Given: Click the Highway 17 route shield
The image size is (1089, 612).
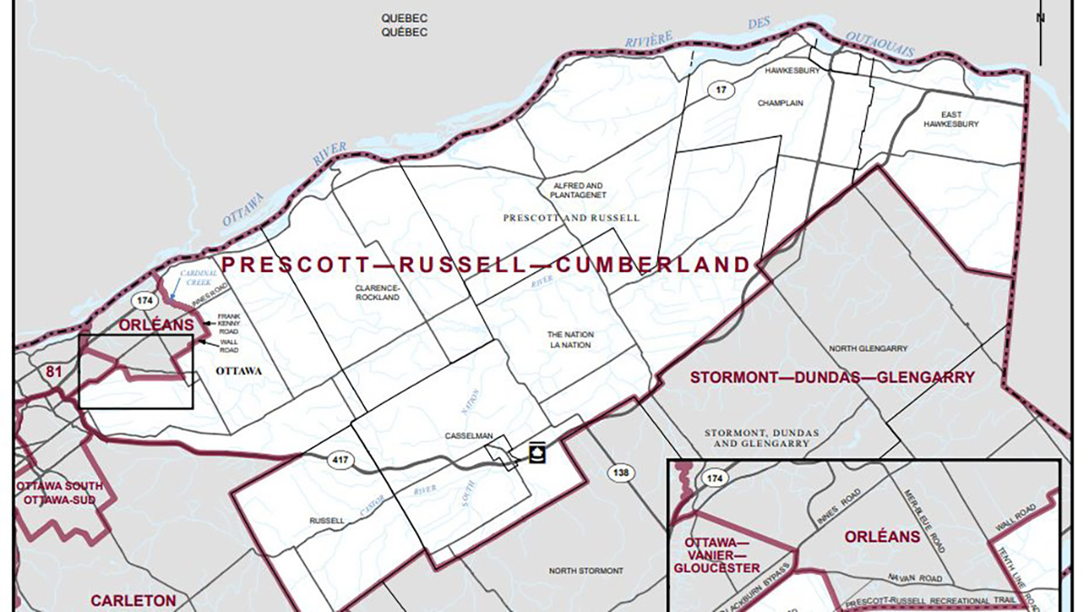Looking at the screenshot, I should pyautogui.click(x=720, y=89).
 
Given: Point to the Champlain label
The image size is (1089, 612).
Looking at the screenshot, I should pyautogui.click(x=781, y=103).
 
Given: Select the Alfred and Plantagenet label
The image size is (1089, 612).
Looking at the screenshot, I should pyautogui.click(x=577, y=189).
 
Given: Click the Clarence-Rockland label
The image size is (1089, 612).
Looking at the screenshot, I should pyautogui.click(x=377, y=292).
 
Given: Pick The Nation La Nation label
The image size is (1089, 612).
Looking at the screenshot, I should pyautogui.click(x=570, y=340).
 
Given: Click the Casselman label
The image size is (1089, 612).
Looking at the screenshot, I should pyautogui.click(x=468, y=436).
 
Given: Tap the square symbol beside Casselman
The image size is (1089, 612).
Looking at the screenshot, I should pyautogui.click(x=536, y=452).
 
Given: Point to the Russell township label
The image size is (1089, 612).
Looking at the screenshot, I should pyautogui.click(x=327, y=521).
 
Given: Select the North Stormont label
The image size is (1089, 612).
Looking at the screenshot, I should pyautogui.click(x=586, y=570).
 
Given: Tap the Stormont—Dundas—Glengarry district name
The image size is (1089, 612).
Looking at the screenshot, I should pyautogui.click(x=832, y=377).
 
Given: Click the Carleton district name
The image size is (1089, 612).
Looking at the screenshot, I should pyautogui.click(x=132, y=600).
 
